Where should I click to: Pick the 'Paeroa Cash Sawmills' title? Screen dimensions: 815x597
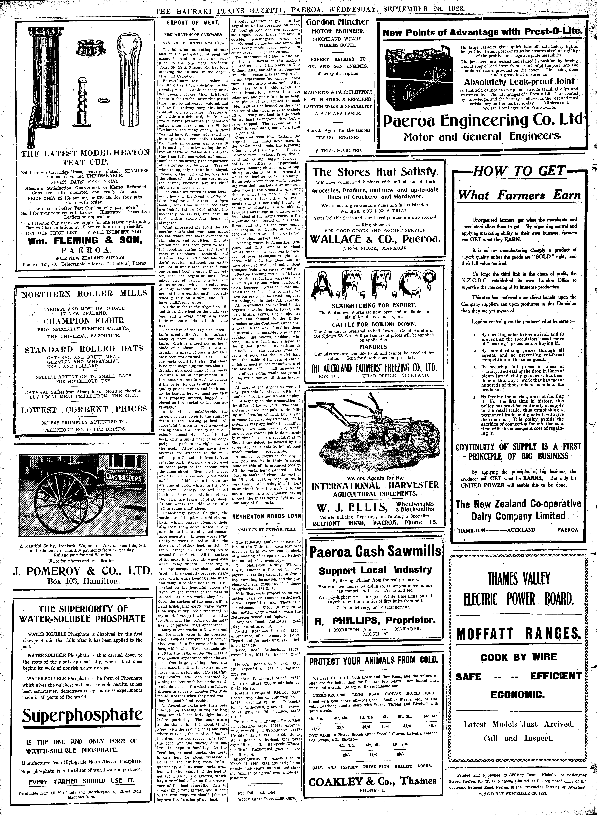(375, 552)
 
